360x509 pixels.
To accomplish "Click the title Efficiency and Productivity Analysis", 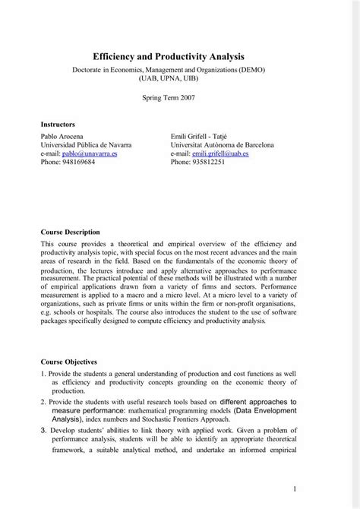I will (x=179, y=56).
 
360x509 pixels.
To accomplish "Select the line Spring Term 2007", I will (x=179, y=98).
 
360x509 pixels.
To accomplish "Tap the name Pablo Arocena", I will (x=63, y=134).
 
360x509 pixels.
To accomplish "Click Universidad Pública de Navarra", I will (x=85, y=144).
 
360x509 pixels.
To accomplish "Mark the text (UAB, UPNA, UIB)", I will (x=179, y=78).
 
